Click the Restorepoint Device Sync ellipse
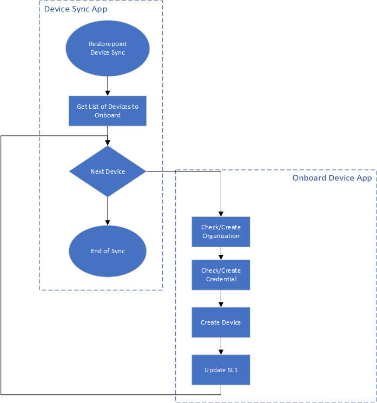click(107, 48)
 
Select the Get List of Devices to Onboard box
click(107, 111)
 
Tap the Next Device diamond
click(107, 171)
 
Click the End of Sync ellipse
click(107, 251)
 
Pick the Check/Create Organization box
click(221, 232)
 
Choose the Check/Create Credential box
click(221, 275)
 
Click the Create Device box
click(221, 322)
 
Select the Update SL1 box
click(221, 370)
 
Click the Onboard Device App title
click(332, 178)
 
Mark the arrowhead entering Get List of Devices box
click(108, 93)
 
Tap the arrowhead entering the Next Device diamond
click(108, 143)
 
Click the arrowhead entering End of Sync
click(108, 222)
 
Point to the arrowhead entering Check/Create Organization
click(221, 214)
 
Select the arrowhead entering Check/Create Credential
click(221, 257)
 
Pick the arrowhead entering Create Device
click(221, 305)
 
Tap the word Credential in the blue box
click(221, 279)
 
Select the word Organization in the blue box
click(221, 236)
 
